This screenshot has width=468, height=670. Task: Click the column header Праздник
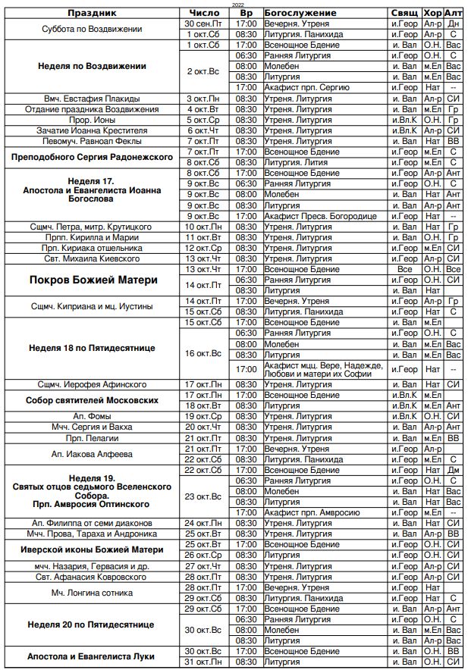(x=92, y=14)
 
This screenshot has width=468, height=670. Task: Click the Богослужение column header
(x=300, y=14)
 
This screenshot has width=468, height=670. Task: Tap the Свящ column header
(x=404, y=14)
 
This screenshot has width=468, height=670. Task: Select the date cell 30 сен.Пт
(x=203, y=24)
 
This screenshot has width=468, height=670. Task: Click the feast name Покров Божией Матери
(x=93, y=280)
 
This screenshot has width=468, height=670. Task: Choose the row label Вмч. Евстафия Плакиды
(x=92, y=99)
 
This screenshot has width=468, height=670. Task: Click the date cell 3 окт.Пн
(x=203, y=99)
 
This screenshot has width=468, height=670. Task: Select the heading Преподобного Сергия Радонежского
(x=92, y=157)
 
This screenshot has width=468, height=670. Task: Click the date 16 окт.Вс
(x=203, y=354)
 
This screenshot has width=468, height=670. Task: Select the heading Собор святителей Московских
(x=92, y=400)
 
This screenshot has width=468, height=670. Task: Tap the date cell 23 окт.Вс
(x=203, y=496)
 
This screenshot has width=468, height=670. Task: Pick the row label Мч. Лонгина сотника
(x=92, y=593)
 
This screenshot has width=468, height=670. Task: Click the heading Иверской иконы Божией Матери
(x=92, y=549)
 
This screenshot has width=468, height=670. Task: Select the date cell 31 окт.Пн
(x=203, y=662)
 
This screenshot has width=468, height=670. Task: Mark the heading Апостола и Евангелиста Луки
(x=92, y=656)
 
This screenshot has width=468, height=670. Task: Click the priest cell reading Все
(x=404, y=269)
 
